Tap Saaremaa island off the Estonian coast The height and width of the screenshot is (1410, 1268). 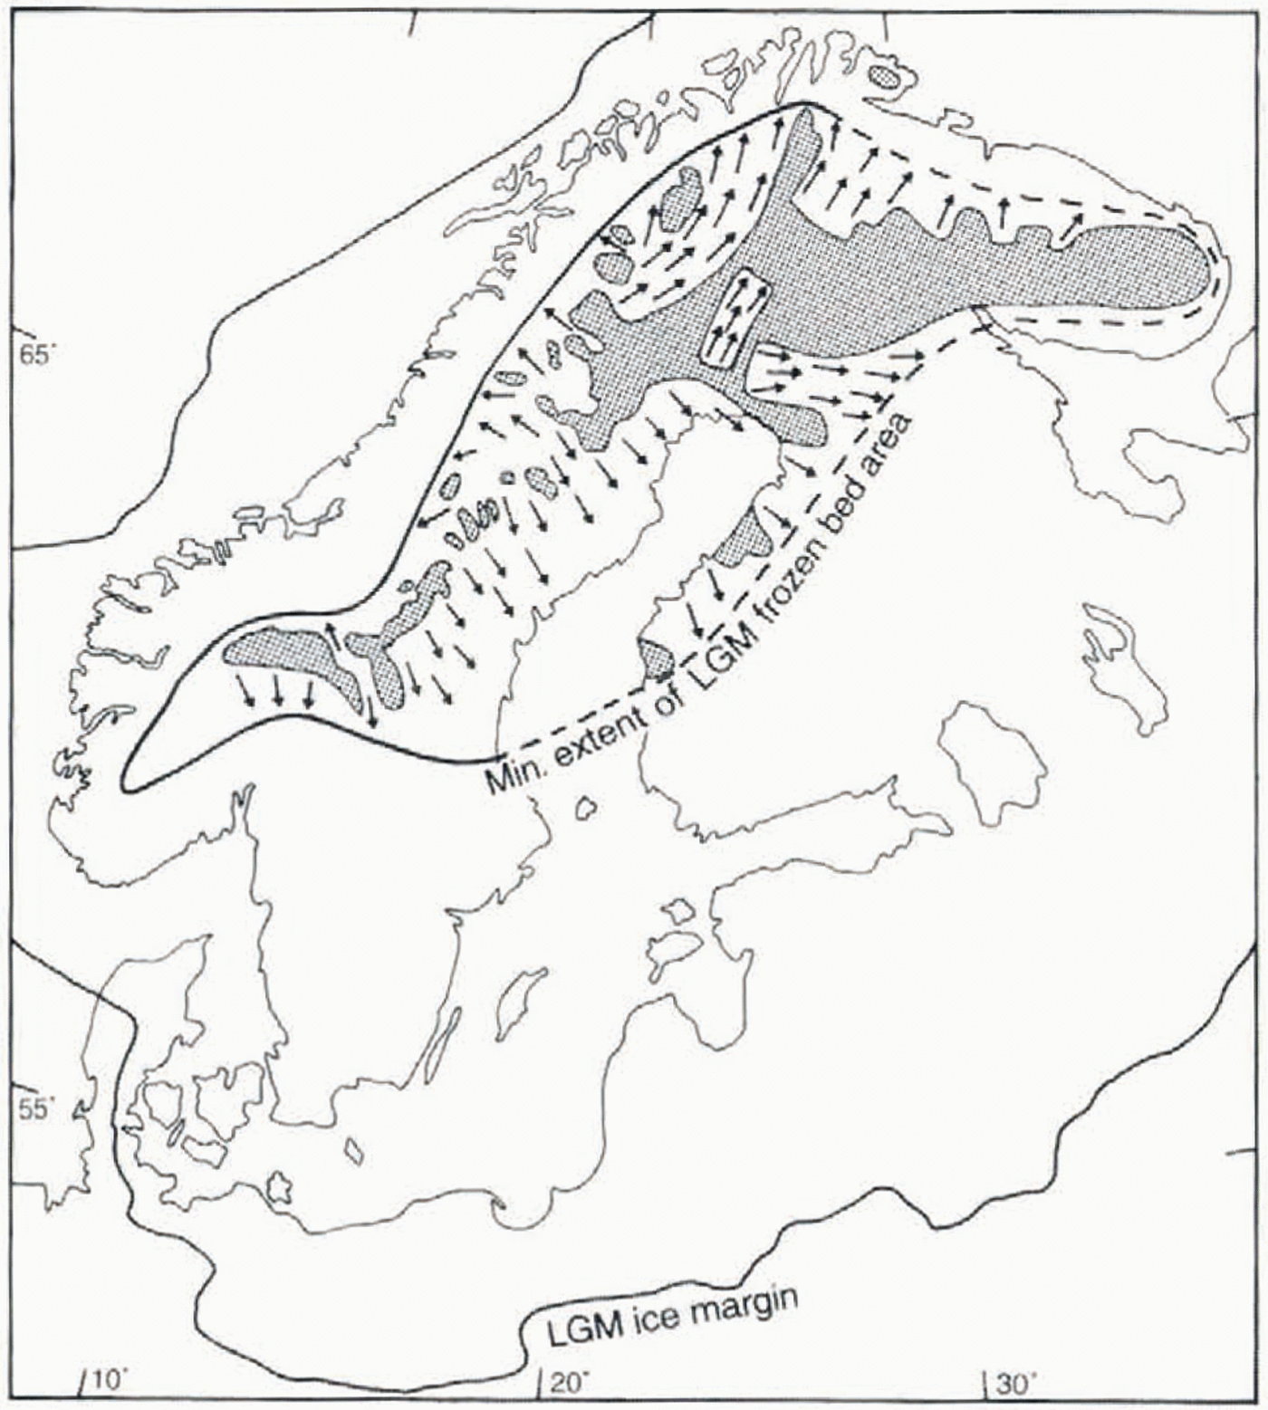coord(675,948)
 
